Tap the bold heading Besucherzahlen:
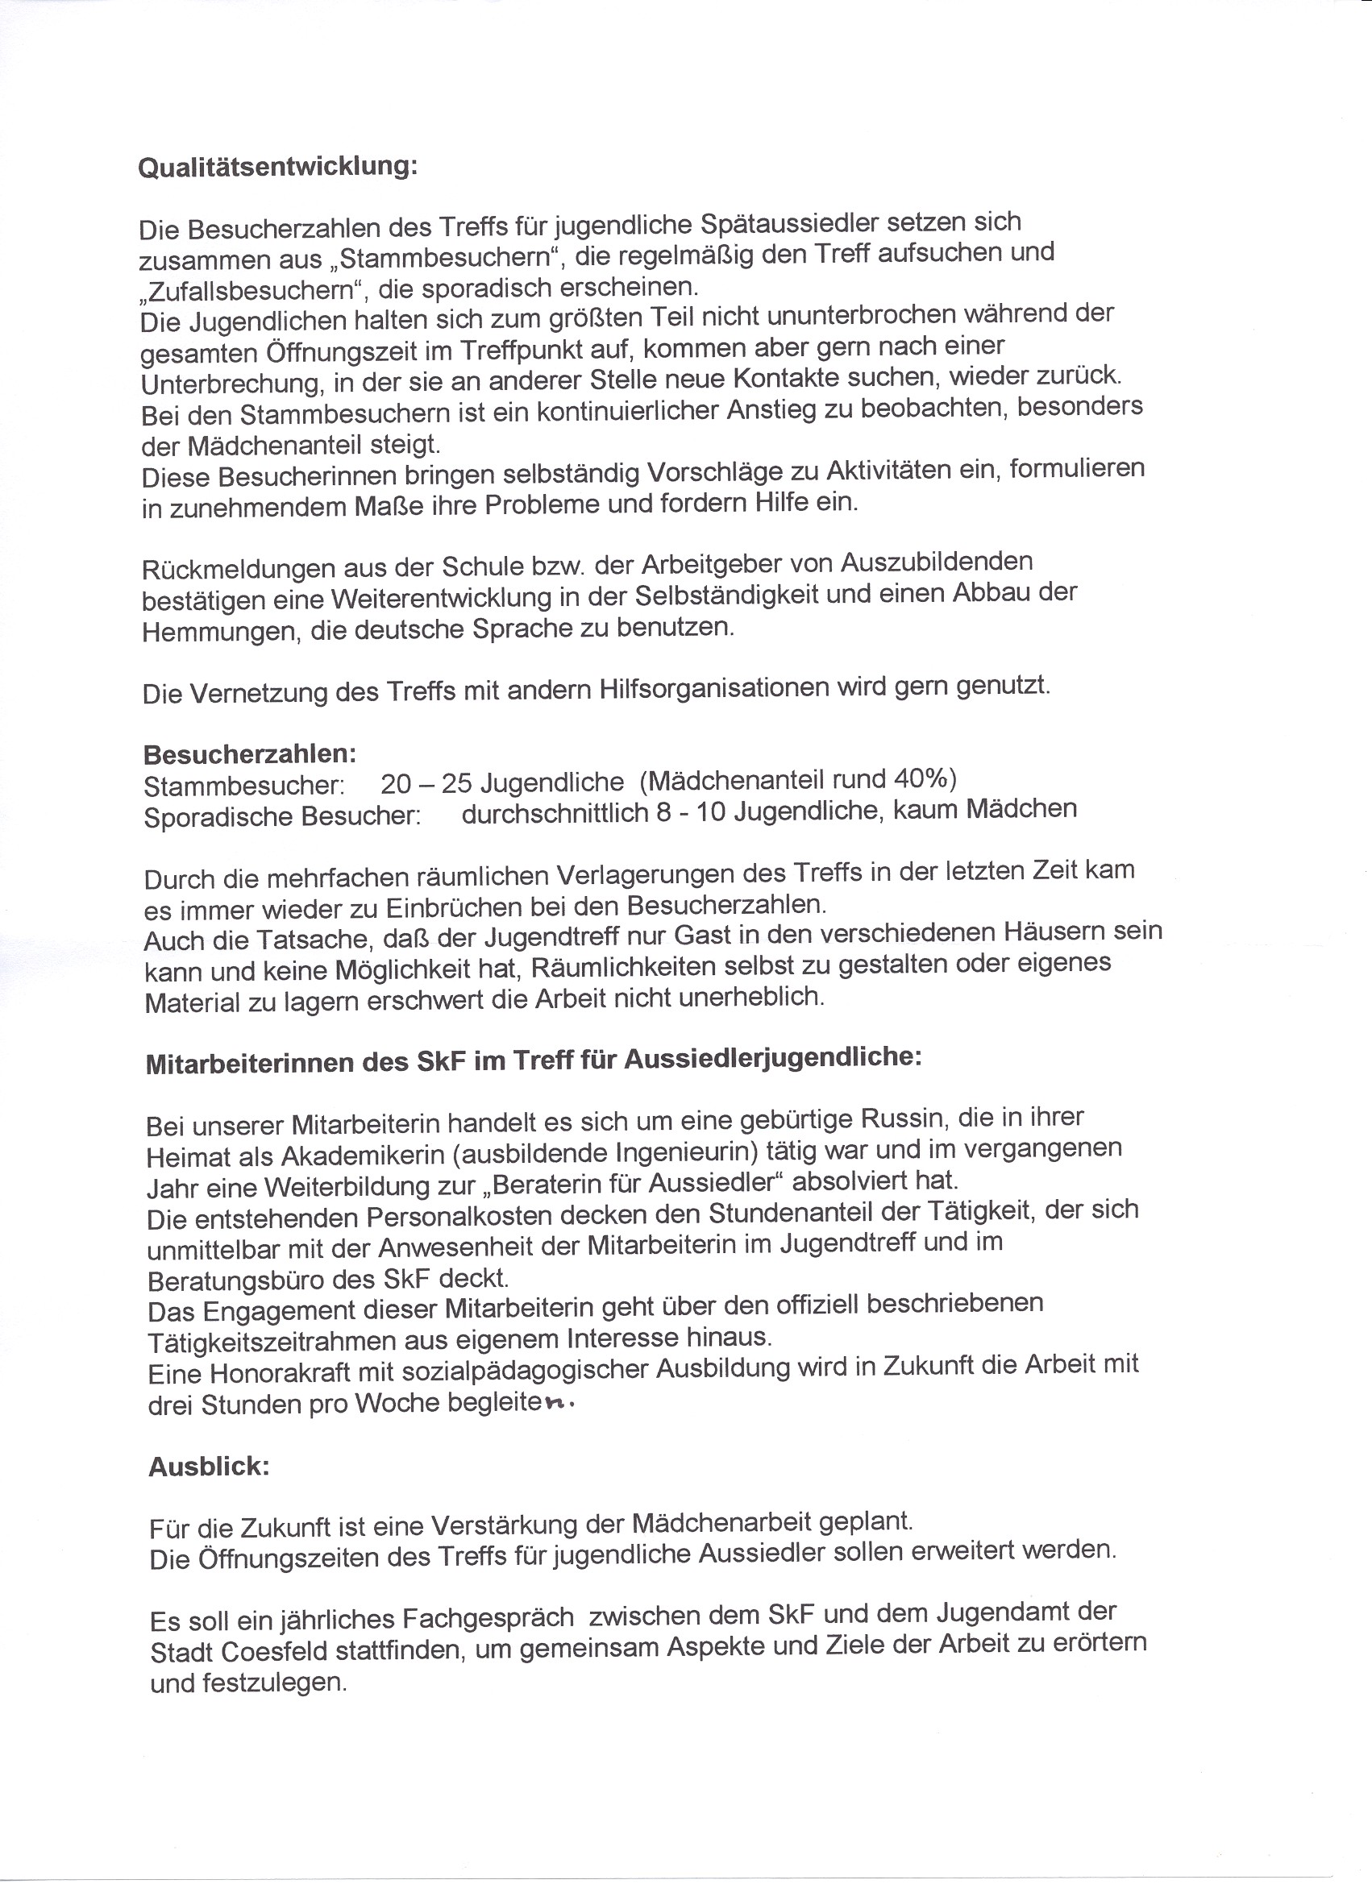(x=250, y=754)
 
